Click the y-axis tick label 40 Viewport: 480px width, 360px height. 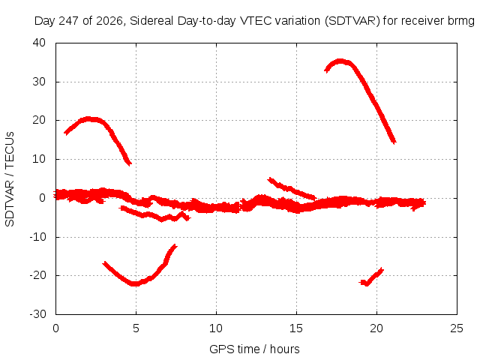39,43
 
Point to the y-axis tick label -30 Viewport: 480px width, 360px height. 37,314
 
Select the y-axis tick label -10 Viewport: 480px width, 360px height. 37,237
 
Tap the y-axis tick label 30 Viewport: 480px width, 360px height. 39,82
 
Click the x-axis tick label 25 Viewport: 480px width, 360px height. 457,328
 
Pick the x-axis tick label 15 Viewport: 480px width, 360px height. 296,328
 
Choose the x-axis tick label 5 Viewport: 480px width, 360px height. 136,328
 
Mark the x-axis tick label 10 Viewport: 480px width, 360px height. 216,328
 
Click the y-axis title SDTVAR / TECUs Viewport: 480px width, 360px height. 10,179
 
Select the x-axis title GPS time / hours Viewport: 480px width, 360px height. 254,349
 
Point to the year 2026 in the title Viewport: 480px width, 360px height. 109,21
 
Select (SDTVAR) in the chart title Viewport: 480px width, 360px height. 352,21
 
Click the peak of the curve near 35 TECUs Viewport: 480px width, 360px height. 340,61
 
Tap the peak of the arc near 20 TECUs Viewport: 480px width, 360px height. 88,119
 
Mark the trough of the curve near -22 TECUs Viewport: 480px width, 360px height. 135,283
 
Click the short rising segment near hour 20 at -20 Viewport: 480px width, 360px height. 371,277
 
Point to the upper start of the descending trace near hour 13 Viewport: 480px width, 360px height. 270,179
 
